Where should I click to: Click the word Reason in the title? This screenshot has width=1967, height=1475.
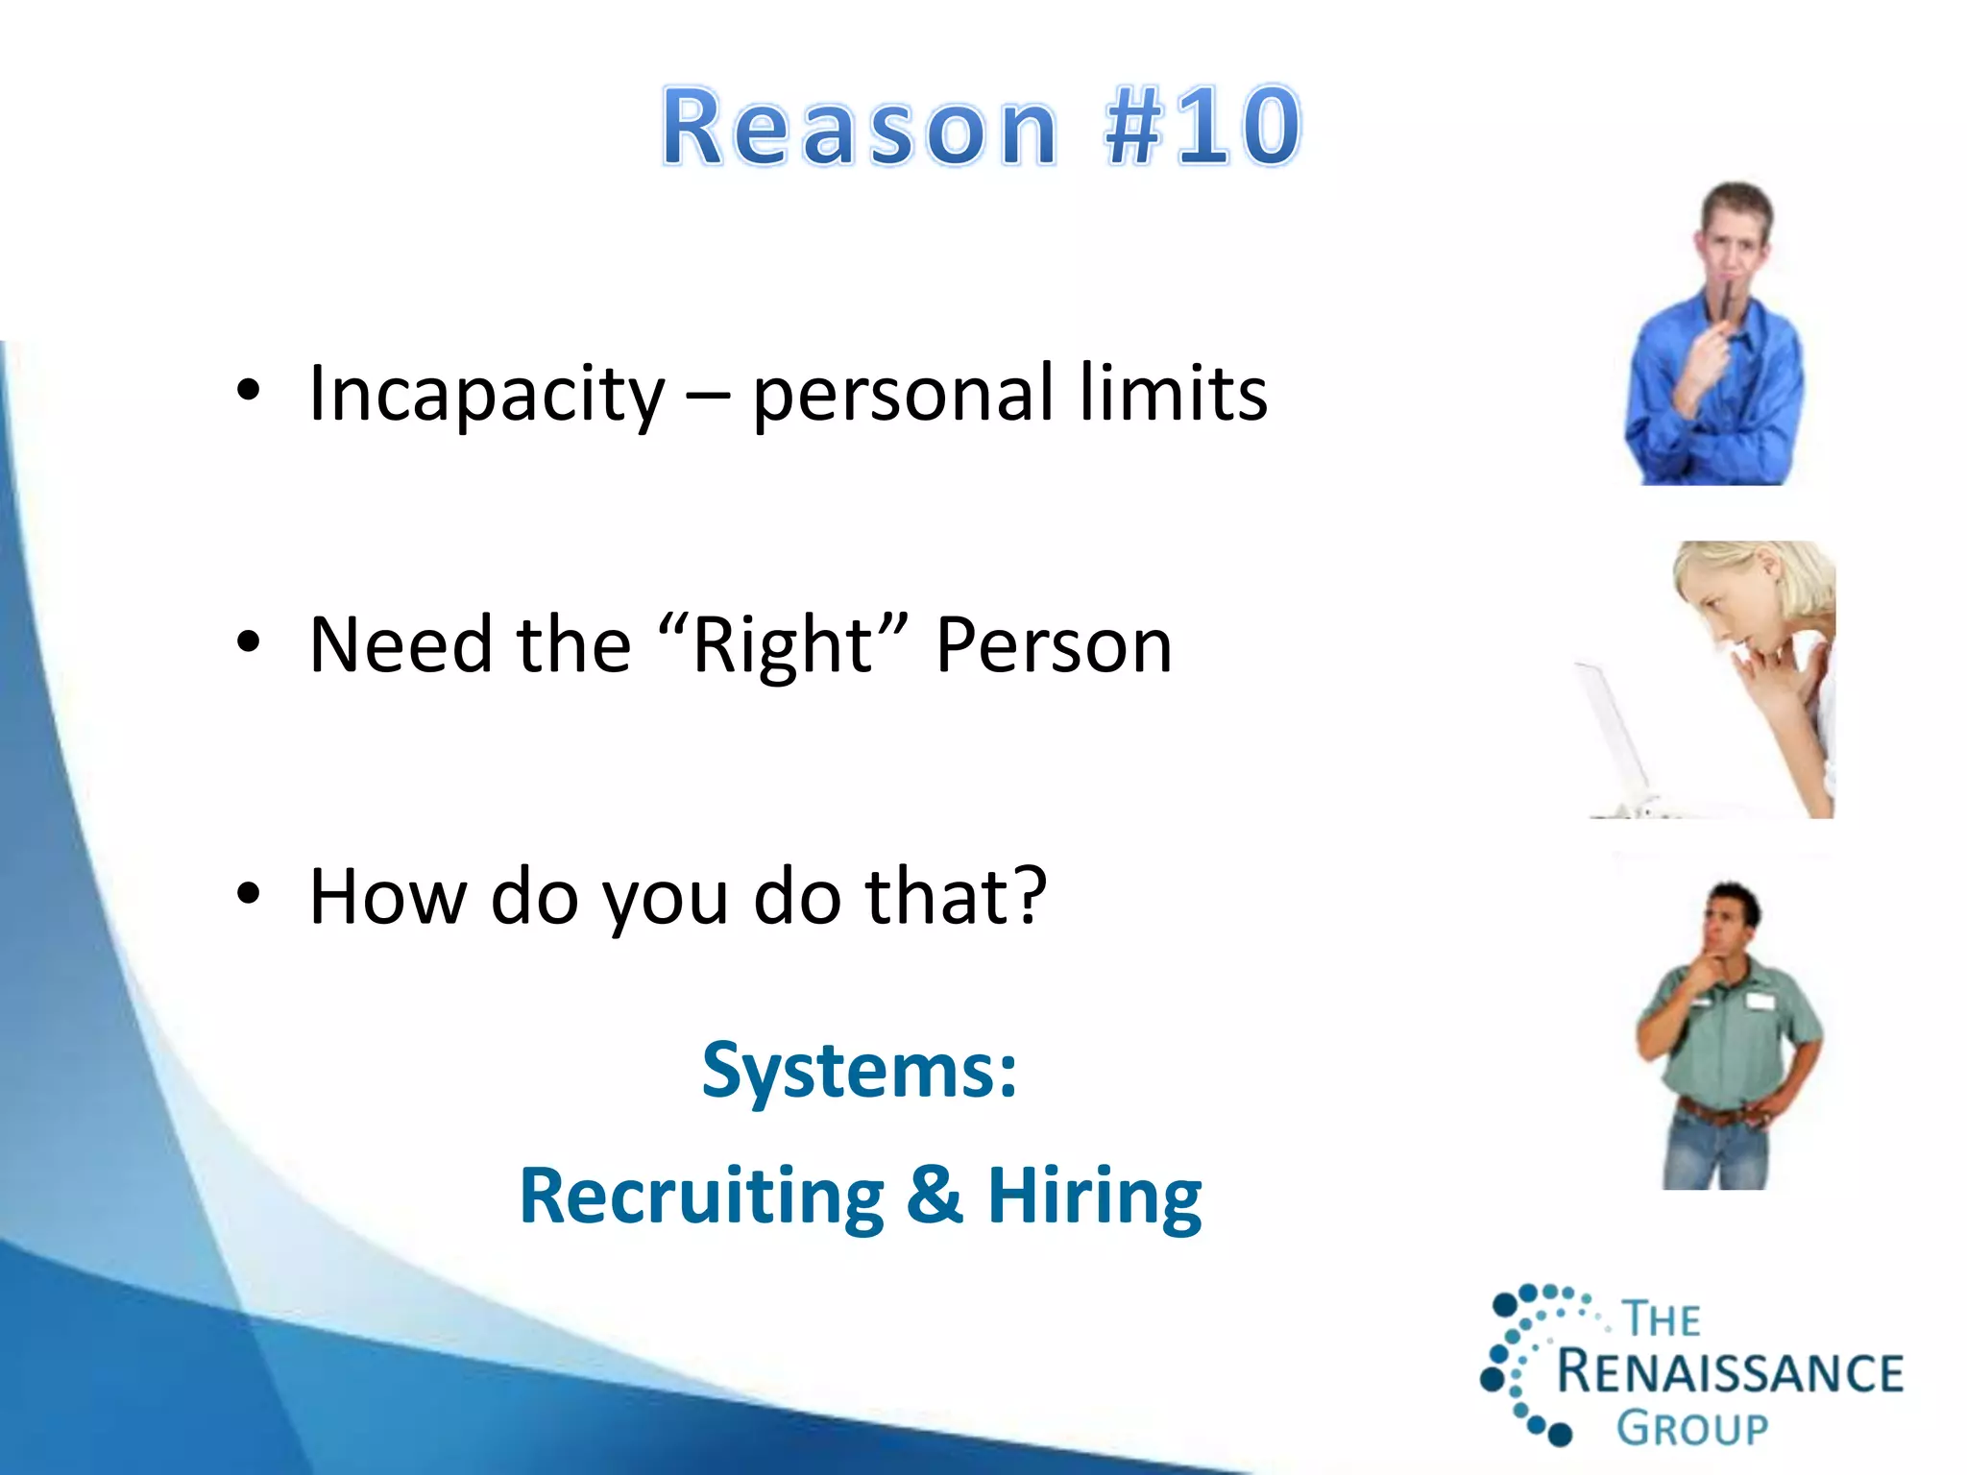(860, 128)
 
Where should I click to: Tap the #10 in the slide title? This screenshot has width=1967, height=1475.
(1202, 128)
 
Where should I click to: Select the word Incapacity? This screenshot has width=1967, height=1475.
(486, 394)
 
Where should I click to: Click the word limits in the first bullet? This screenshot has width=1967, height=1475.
(1173, 394)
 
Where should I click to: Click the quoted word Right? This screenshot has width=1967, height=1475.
(783, 645)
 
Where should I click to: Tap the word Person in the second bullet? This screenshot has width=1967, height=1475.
(1054, 645)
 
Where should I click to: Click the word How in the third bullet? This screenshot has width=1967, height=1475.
(389, 897)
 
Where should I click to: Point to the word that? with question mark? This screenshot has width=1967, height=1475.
(956, 897)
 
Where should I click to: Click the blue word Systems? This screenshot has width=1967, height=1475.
(860, 1071)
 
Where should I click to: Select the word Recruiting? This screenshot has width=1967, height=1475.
(702, 1197)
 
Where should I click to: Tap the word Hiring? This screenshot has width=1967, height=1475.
(1095, 1197)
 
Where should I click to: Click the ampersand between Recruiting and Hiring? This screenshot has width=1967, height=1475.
(935, 1195)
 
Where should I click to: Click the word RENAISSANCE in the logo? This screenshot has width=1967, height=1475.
(1730, 1372)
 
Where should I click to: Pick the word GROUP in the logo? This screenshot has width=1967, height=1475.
(1692, 1429)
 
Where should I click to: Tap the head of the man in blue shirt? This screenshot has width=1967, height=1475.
(1736, 230)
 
